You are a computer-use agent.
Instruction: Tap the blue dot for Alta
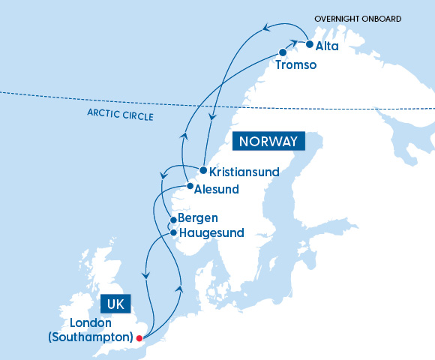point(309,44)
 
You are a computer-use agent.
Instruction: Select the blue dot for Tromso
point(283,52)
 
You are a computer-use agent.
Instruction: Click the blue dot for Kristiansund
point(203,170)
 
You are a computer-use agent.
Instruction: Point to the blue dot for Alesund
point(189,186)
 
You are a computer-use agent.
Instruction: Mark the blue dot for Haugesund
point(174,232)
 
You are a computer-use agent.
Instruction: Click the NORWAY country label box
point(269,141)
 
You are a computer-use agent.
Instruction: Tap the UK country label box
point(115,304)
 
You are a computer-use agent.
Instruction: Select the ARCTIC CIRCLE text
point(121,116)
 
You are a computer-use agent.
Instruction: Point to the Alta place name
point(327,46)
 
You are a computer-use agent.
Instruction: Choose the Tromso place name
point(296,65)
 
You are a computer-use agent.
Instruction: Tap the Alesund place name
point(217,189)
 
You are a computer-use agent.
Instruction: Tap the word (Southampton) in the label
point(90,337)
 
